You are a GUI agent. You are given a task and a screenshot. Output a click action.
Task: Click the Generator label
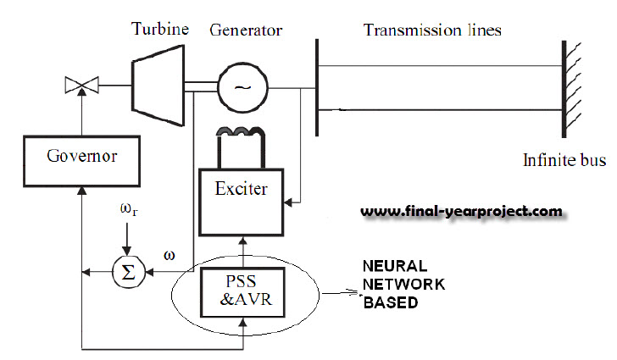(x=246, y=31)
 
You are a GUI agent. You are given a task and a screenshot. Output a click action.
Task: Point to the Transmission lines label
(x=432, y=30)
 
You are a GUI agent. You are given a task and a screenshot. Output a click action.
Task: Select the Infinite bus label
(x=562, y=159)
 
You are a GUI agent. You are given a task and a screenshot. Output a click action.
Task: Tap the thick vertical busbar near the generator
(x=315, y=86)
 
